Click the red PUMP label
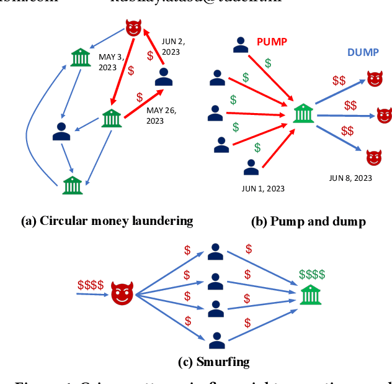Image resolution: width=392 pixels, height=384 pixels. pyautogui.click(x=271, y=42)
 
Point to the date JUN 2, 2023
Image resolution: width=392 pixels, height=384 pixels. pyautogui.click(x=173, y=47)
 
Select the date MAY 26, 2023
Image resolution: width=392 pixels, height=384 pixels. pyautogui.click(x=161, y=116)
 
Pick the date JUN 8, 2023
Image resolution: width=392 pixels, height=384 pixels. pyautogui.click(x=350, y=178)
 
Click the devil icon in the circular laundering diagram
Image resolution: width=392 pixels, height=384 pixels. pyautogui.click(x=133, y=28)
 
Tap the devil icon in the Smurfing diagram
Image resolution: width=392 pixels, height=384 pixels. pyautogui.click(x=122, y=293)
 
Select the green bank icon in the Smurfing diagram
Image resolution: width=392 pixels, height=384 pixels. pyautogui.click(x=310, y=294)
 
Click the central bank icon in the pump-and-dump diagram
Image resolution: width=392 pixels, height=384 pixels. pyautogui.click(x=303, y=114)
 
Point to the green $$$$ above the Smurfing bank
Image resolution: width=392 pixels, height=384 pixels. pyautogui.click(x=311, y=274)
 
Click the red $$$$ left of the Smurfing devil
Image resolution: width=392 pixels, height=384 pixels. pyautogui.click(x=91, y=285)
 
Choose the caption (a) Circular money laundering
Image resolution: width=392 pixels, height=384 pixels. pyautogui.click(x=107, y=221)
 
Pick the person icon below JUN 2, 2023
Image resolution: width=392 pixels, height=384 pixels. pyautogui.click(x=164, y=76)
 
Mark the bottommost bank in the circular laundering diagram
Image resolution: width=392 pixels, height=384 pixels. pyautogui.click(x=73, y=184)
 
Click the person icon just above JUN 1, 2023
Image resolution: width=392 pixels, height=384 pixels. pyautogui.click(x=251, y=168)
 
